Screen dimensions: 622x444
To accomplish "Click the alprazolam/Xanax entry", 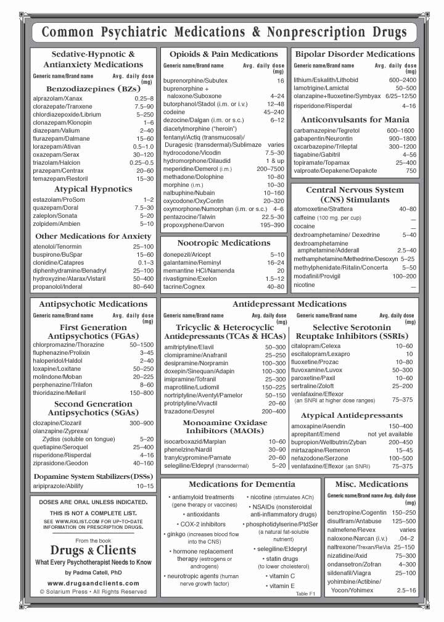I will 57,98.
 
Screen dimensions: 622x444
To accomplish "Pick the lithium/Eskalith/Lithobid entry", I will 326,80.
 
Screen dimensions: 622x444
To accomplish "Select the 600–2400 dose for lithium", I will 402,80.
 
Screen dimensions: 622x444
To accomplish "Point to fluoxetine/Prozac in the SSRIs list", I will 316,362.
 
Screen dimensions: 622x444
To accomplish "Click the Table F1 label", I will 305,593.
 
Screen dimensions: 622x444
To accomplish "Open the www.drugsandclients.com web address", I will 93,582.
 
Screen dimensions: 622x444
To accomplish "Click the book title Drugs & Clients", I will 93,550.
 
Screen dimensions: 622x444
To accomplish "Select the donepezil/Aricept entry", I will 187,254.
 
